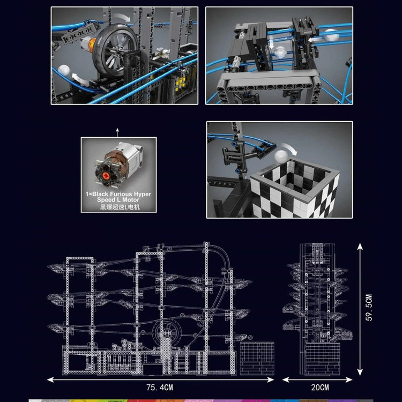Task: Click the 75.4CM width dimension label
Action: [160, 387]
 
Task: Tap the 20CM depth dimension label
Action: [320, 387]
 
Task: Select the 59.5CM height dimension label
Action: [369, 308]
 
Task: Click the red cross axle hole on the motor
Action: [106, 176]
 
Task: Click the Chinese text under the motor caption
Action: [120, 207]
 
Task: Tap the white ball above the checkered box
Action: [281, 157]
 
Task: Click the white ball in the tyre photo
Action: [64, 71]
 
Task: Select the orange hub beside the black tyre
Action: [92, 42]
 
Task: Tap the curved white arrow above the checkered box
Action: [289, 148]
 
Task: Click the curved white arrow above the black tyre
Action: [122, 17]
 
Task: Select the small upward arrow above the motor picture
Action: [117, 132]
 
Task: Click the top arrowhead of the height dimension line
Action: [360, 247]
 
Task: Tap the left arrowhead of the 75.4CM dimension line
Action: [50, 379]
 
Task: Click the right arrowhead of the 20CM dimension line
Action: [349, 379]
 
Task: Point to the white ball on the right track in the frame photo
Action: [330, 35]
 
